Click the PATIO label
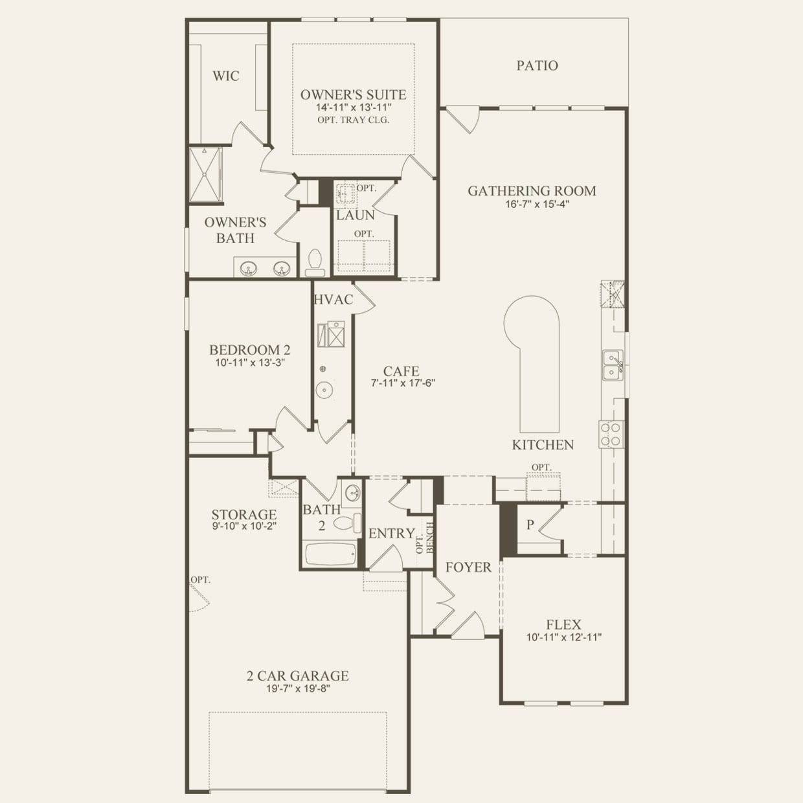(537, 65)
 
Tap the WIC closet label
(226, 76)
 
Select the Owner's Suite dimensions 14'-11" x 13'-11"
(354, 107)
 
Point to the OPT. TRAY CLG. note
(354, 120)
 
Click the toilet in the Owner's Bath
(315, 264)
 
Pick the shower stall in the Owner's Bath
(205, 175)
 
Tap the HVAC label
(334, 299)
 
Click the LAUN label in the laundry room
(356, 215)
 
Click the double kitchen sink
(613, 365)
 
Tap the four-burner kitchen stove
(611, 435)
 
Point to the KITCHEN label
(543, 445)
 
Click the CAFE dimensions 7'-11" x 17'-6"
(403, 383)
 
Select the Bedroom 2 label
(249, 350)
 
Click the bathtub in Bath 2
(331, 554)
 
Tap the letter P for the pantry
(530, 525)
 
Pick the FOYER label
(468, 567)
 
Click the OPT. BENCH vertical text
(425, 538)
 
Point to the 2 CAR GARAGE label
(297, 675)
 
